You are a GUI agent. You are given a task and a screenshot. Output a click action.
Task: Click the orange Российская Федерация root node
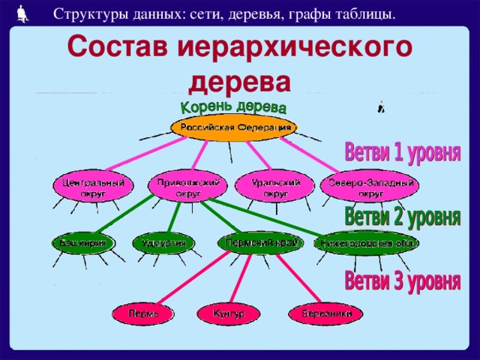click(x=233, y=127)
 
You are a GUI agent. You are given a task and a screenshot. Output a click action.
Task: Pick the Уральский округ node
click(x=271, y=187)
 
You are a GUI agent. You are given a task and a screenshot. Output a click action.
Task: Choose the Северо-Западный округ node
click(x=370, y=187)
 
